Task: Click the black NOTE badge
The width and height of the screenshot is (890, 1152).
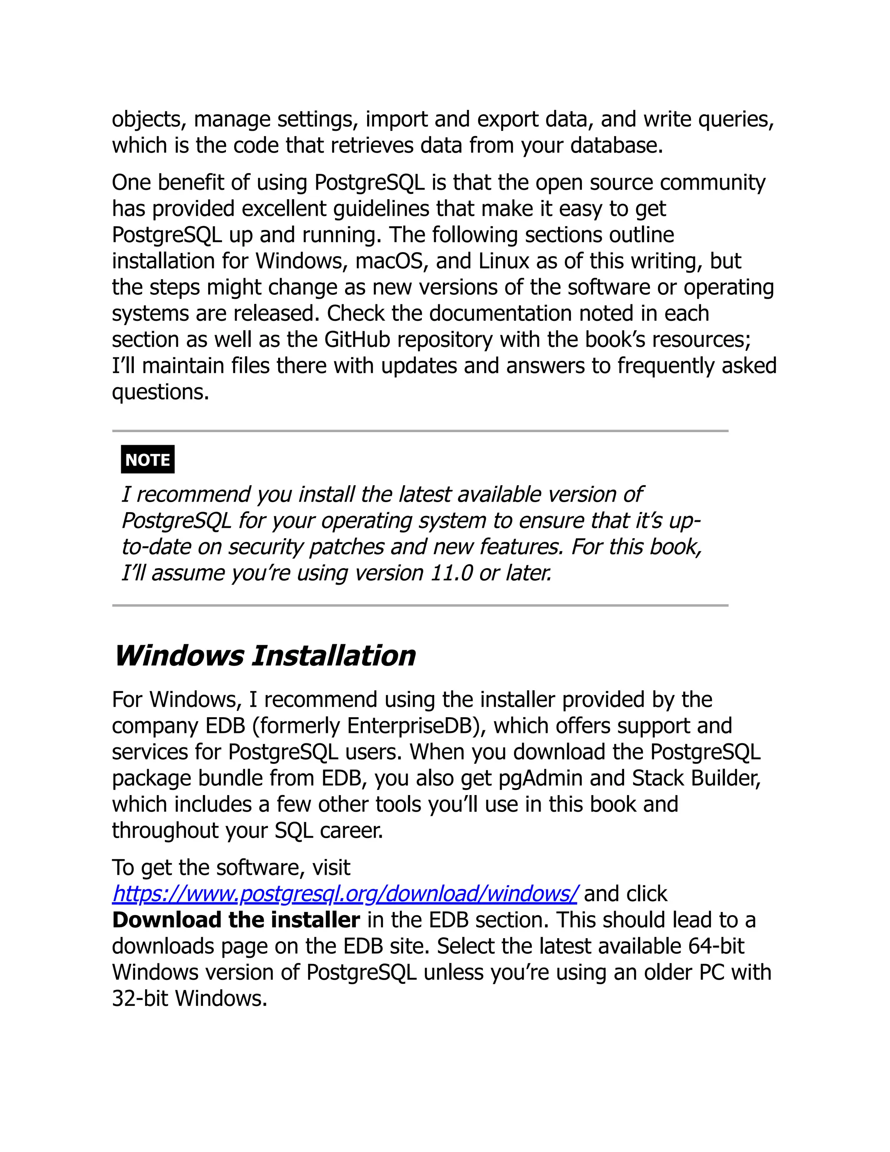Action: pyautogui.click(x=148, y=459)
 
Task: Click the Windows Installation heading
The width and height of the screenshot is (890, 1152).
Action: pyautogui.click(x=265, y=656)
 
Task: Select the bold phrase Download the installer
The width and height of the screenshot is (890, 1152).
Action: pyautogui.click(x=236, y=920)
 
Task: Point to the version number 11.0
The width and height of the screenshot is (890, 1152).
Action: pyautogui.click(x=452, y=573)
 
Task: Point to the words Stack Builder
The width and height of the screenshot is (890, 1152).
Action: pyautogui.click(x=695, y=779)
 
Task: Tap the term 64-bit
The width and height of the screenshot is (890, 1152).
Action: pyautogui.click(x=716, y=946)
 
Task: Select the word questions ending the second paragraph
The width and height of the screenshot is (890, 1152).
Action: pyautogui.click(x=160, y=393)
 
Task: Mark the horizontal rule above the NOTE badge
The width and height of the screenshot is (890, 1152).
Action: pyautogui.click(x=420, y=431)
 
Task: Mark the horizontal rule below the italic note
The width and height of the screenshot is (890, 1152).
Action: pyautogui.click(x=420, y=606)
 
